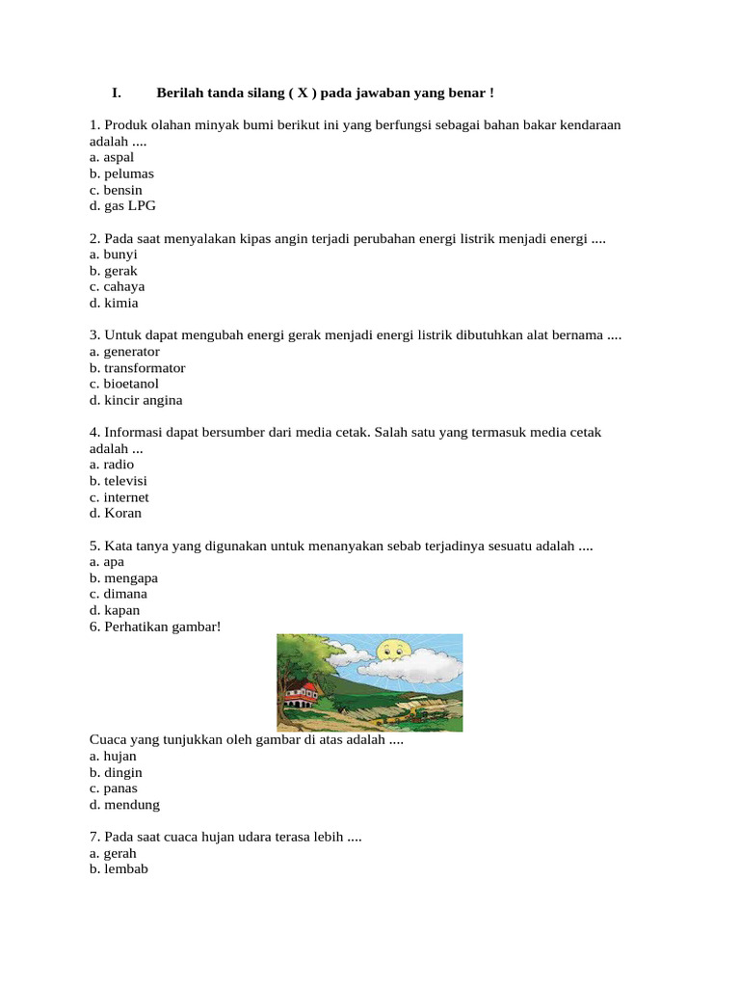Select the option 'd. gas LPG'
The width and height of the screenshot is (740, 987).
(x=122, y=206)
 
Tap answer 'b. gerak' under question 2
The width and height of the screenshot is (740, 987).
(x=114, y=271)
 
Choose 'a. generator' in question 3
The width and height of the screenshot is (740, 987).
(x=124, y=352)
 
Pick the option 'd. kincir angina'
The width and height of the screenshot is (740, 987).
(x=136, y=400)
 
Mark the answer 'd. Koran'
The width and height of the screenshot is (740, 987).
(x=116, y=513)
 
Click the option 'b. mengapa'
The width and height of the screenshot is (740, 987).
(x=123, y=578)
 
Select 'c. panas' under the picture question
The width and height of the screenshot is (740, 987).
(x=114, y=788)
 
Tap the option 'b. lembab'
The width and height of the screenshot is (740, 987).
(x=119, y=869)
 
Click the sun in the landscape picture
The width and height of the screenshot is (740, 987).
(x=394, y=652)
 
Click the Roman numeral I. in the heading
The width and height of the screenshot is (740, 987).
(x=116, y=93)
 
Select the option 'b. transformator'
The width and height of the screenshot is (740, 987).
(x=138, y=368)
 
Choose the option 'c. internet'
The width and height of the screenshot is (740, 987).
(x=119, y=497)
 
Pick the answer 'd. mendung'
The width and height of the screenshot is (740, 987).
(x=124, y=805)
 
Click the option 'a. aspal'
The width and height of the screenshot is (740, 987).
(x=112, y=157)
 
